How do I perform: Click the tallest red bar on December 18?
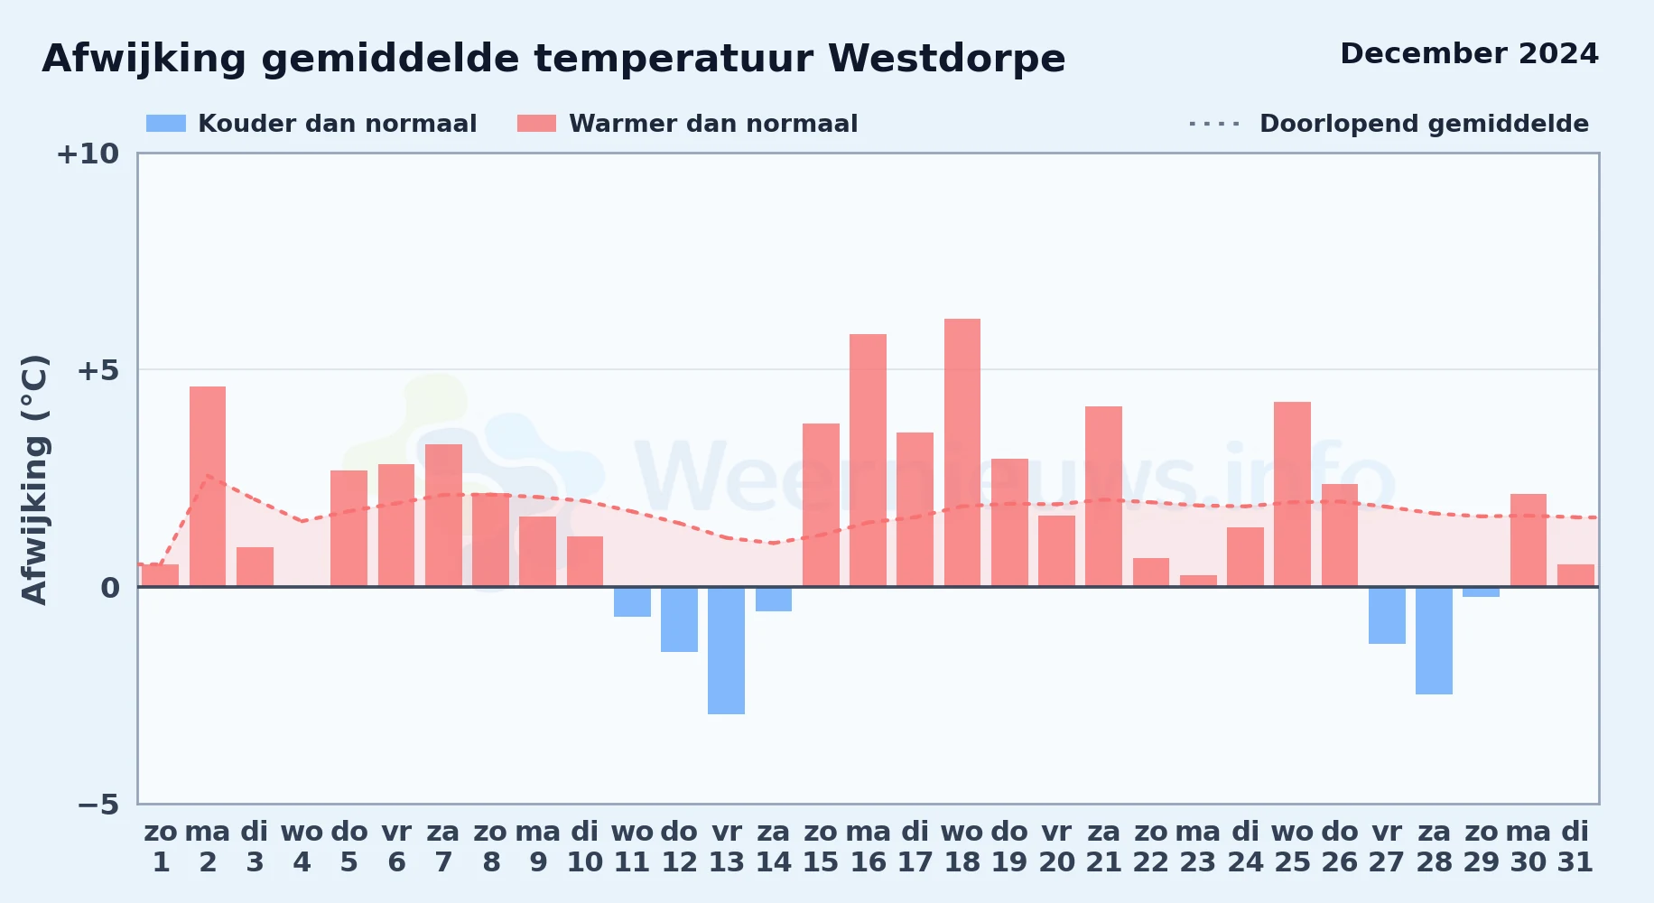point(962,452)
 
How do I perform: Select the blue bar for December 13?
point(727,650)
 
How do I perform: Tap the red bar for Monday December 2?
point(208,487)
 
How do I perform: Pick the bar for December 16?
point(868,461)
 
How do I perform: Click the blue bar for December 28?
point(1434,640)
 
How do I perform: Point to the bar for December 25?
point(1292,494)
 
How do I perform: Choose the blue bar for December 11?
point(632,601)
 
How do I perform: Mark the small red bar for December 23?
point(1198,581)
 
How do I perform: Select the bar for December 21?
point(1103,497)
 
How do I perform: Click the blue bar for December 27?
point(1387,615)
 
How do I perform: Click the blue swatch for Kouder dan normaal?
point(166,124)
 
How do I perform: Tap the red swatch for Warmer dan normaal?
point(536,124)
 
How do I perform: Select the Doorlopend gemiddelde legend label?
point(1424,124)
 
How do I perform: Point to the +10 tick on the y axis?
point(88,154)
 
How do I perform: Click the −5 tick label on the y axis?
point(98,805)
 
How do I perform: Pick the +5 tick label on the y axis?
point(98,370)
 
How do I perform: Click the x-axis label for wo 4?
point(302,847)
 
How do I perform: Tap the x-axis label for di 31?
point(1575,847)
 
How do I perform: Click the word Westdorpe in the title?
point(946,60)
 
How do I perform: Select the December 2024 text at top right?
point(1469,53)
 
